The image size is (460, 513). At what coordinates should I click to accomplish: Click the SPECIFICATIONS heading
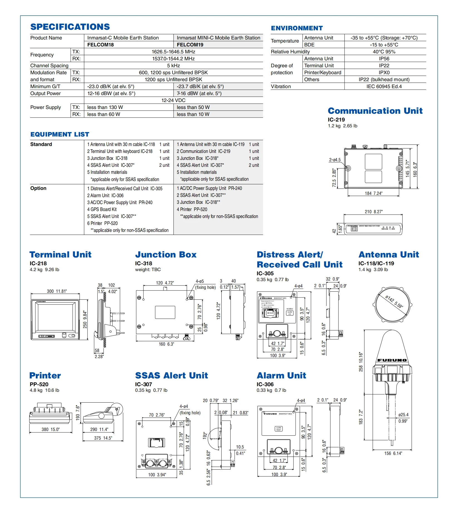click(70, 27)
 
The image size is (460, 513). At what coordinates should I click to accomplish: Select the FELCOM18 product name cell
click(100, 45)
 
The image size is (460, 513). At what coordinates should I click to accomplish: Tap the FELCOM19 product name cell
click(190, 45)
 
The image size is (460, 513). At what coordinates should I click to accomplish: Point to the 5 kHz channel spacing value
click(173, 66)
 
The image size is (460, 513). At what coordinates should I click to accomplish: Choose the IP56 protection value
click(384, 59)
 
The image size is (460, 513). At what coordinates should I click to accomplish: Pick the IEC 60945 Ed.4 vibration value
click(384, 86)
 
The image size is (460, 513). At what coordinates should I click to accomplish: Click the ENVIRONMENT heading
click(297, 28)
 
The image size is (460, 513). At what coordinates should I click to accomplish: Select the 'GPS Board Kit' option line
click(102, 209)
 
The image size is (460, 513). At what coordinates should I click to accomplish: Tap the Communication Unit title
click(375, 111)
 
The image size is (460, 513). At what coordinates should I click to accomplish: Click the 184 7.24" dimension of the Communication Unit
click(374, 193)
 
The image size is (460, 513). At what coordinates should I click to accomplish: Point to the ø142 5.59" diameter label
click(394, 302)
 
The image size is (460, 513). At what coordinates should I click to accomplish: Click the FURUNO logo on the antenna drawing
click(392, 360)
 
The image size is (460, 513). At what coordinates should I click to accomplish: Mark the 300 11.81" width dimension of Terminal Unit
click(57, 291)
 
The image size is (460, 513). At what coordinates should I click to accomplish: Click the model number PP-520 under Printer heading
click(39, 384)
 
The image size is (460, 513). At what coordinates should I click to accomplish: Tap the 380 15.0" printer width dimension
click(50, 429)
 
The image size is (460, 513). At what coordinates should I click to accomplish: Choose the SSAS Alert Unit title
click(171, 376)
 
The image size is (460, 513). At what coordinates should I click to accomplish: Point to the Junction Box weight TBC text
click(148, 269)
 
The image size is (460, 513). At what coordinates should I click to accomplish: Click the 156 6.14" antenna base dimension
click(393, 453)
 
